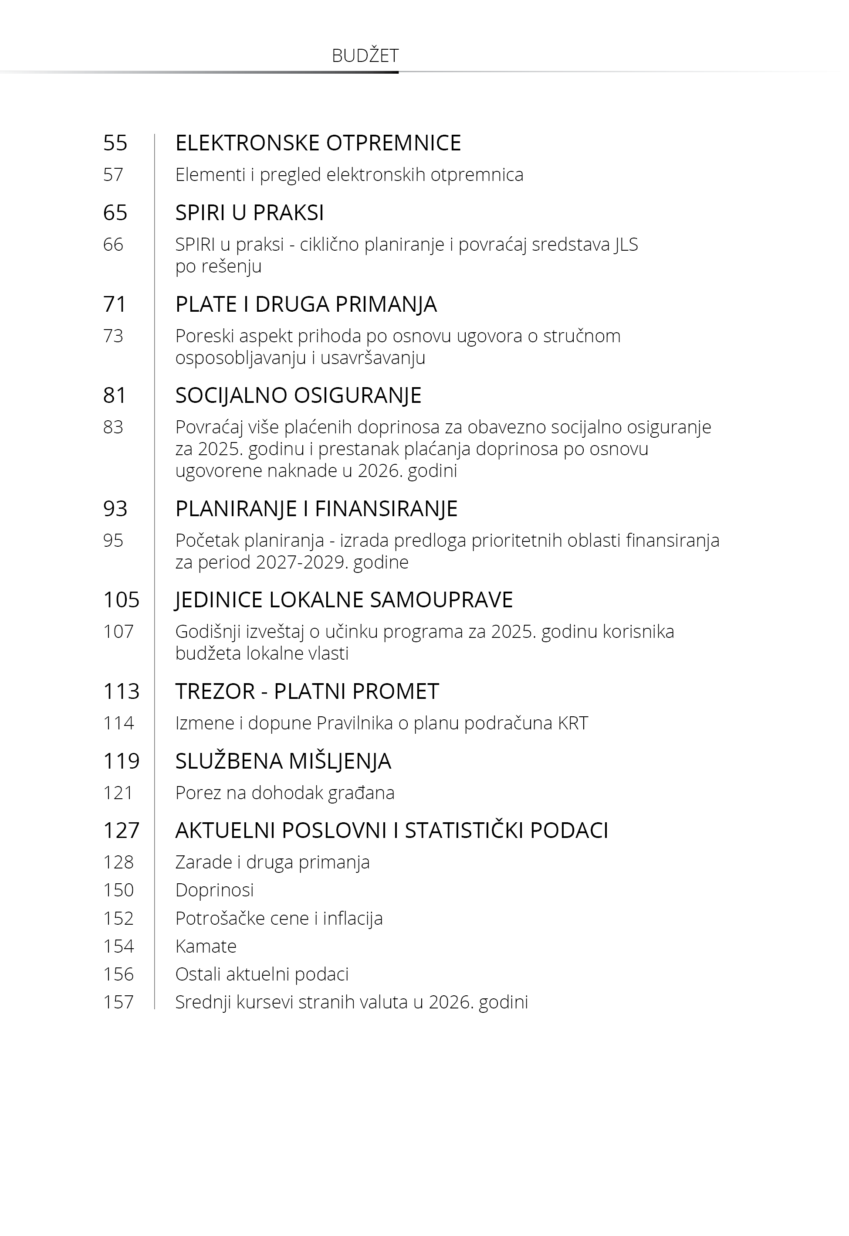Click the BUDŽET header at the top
pos(365,55)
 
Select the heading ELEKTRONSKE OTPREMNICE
pos(318,143)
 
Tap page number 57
pos(113,174)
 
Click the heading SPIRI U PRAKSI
pos(250,212)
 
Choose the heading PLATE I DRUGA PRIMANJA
pos(306,304)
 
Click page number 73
pos(113,336)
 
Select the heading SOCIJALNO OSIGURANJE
pos(298,395)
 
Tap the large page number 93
pos(115,508)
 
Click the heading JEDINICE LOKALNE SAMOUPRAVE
pos(344,599)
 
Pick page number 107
pos(118,631)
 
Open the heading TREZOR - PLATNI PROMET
pos(307,691)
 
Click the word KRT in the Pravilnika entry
pos(573,723)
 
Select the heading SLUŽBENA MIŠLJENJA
pos(283,761)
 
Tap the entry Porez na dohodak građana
pos(284,793)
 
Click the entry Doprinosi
pos(214,889)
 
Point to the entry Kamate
pos(206,946)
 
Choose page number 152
pos(118,918)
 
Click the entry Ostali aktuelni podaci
pos(262,974)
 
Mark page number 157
pos(118,1002)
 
